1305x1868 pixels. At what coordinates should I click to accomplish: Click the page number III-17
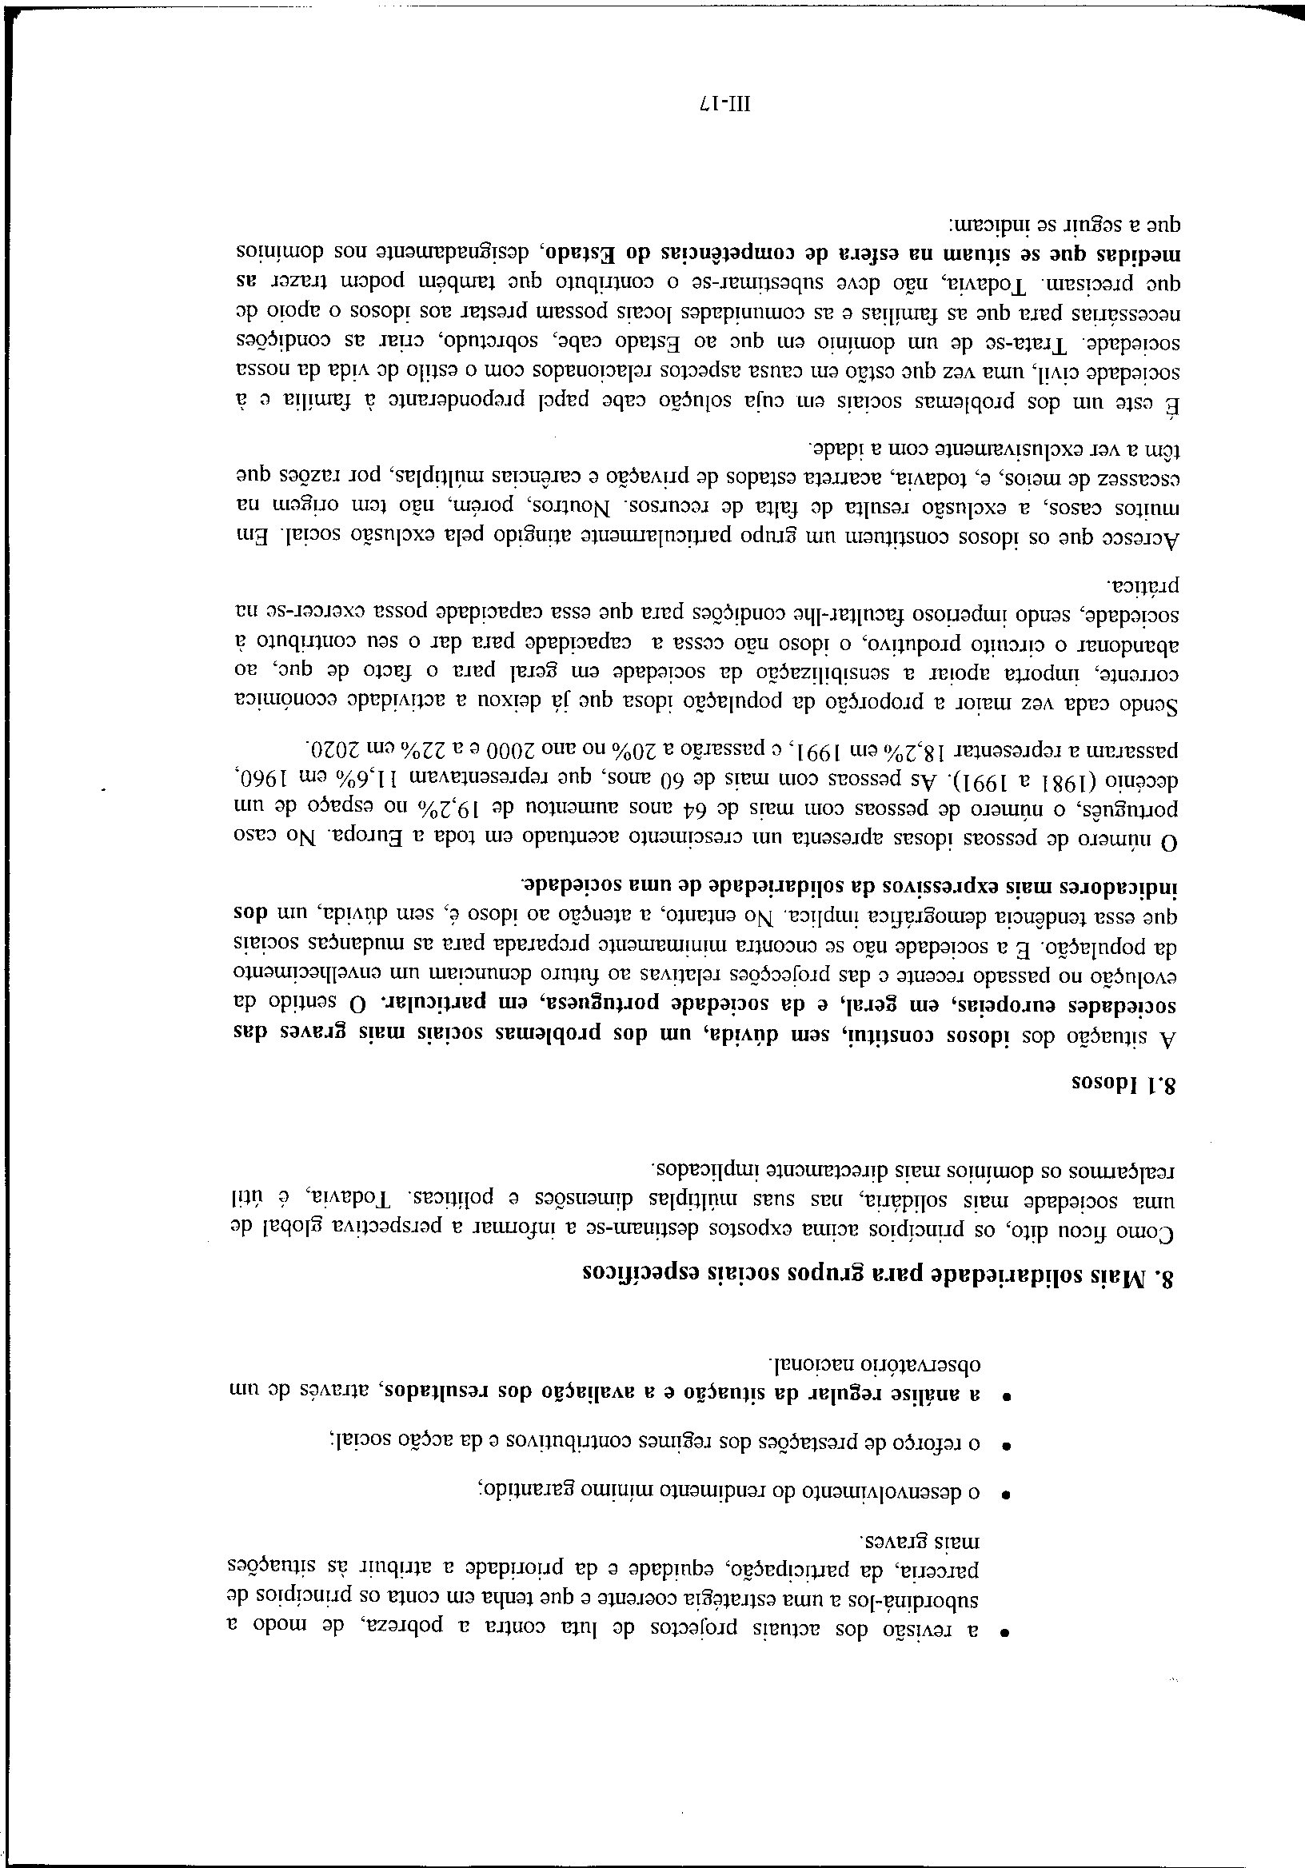[727, 104]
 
